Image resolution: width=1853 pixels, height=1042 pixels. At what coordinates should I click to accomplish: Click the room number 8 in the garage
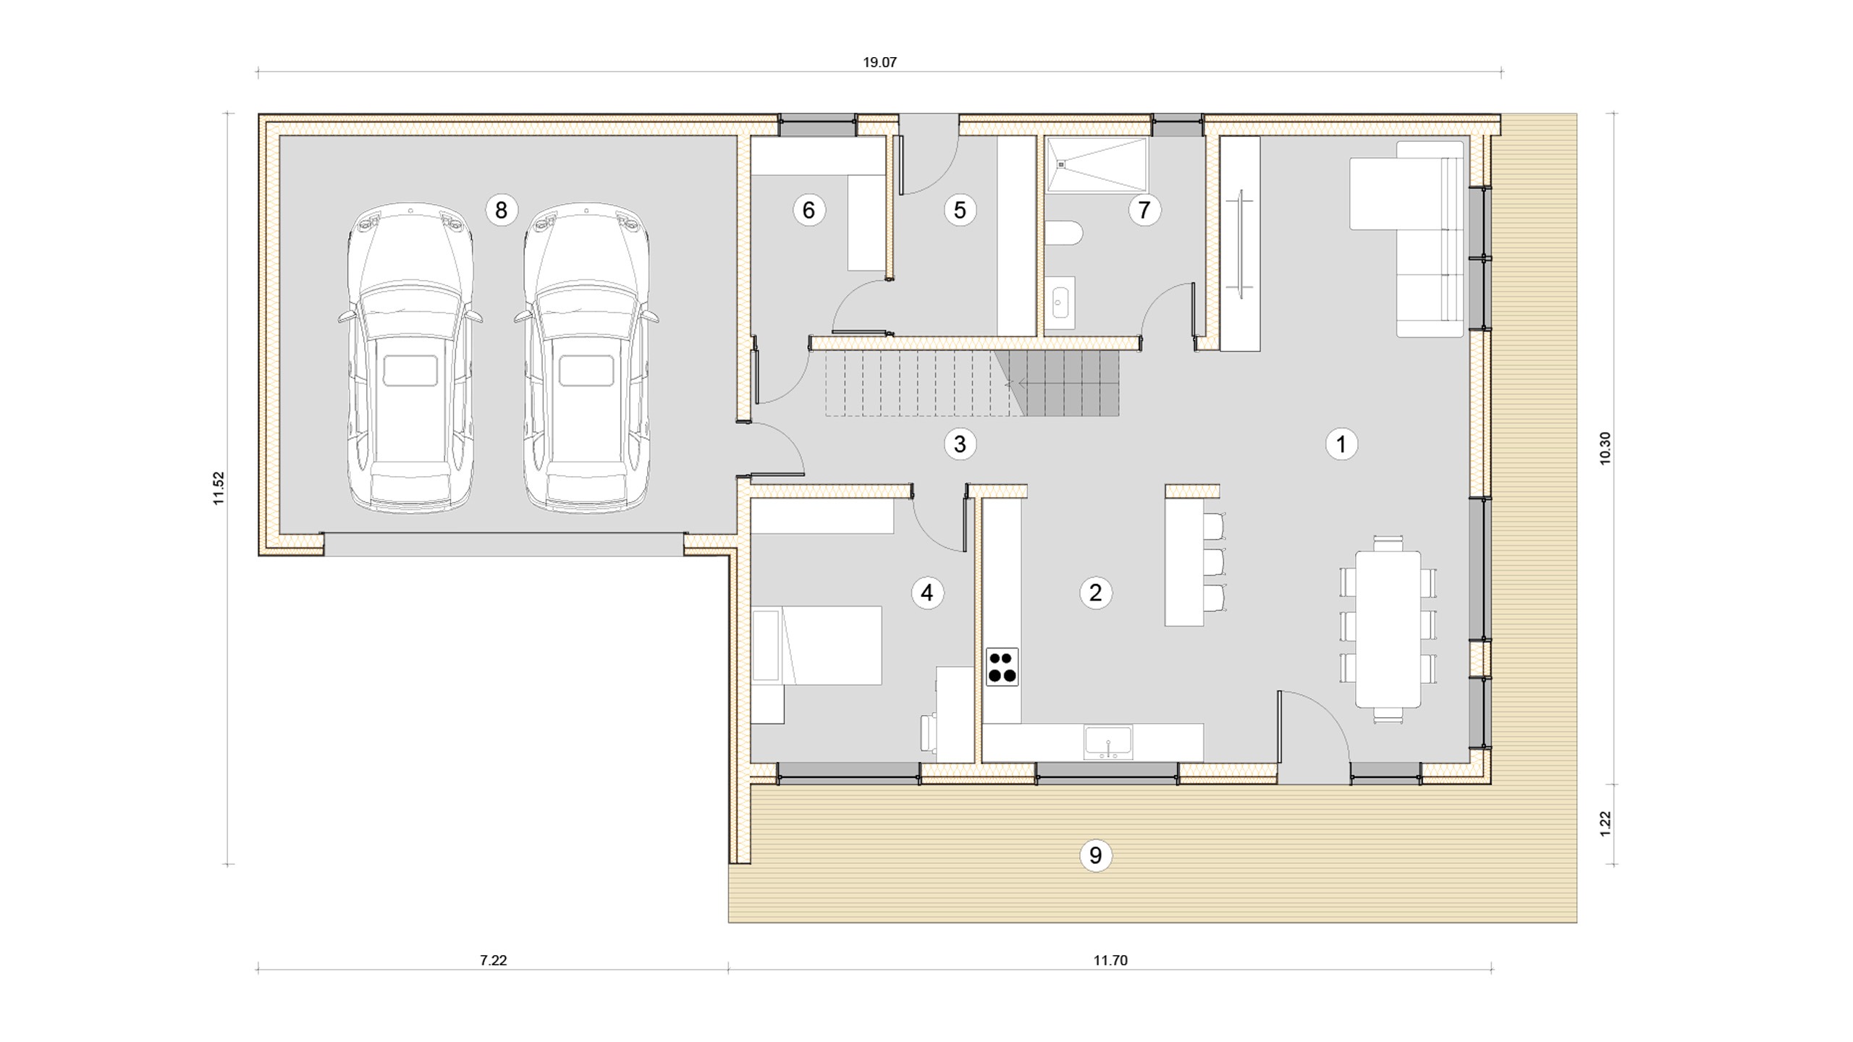pos(501,210)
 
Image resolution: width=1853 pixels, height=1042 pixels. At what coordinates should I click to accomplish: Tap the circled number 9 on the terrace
pos(1095,855)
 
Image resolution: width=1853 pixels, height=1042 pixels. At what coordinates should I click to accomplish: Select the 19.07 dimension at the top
pos(879,62)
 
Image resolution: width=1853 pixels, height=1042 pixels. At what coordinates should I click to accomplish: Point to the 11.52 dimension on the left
pos(219,488)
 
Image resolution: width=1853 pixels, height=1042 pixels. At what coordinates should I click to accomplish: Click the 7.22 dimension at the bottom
pos(493,960)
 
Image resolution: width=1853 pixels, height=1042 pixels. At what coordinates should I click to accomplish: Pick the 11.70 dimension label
pos(1110,960)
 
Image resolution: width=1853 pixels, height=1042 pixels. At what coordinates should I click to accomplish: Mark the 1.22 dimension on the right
pos(1605,823)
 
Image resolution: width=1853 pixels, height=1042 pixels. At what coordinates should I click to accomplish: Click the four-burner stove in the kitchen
pos(1002,666)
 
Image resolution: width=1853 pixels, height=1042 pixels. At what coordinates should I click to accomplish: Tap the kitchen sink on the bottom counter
pos(1108,742)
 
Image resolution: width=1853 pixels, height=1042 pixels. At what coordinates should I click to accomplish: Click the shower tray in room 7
pos(1097,165)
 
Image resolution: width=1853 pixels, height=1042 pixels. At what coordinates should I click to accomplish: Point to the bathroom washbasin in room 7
pos(1060,302)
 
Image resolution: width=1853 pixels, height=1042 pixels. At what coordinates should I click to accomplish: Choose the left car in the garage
pos(410,359)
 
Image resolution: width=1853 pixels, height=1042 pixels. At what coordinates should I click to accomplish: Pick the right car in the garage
pos(586,359)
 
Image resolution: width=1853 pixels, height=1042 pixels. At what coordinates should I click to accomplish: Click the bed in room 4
pos(816,645)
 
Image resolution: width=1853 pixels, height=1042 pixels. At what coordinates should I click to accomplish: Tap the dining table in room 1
pos(1388,629)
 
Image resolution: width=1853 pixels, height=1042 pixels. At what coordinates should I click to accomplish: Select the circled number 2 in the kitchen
pos(1095,593)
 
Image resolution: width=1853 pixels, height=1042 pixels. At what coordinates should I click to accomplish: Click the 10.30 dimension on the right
pos(1605,448)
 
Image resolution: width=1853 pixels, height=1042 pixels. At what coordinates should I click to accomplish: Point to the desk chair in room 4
pos(929,732)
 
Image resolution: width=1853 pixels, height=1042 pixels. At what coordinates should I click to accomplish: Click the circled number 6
pos(809,210)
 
